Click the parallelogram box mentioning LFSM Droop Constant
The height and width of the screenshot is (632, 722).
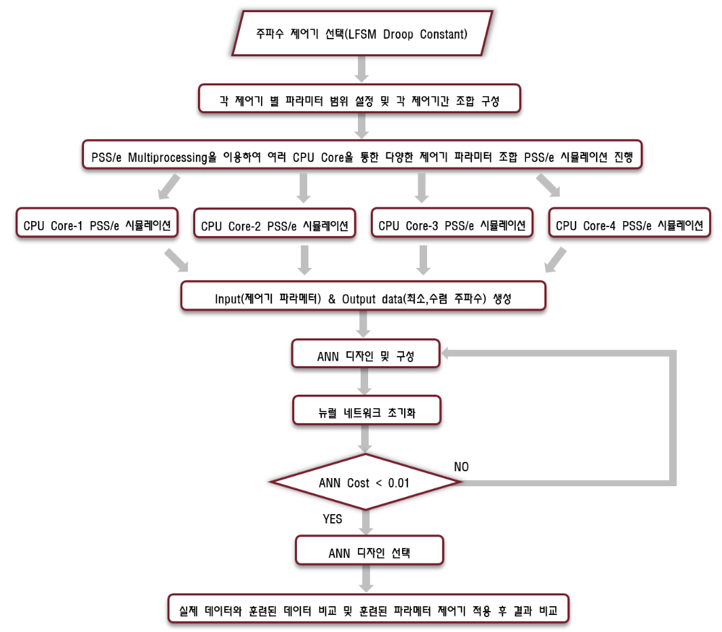click(363, 34)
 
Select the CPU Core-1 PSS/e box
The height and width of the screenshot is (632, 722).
click(97, 223)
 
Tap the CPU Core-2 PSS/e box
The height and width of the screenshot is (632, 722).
click(275, 223)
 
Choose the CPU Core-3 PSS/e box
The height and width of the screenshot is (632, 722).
click(452, 223)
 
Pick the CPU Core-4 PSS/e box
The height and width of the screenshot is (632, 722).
click(629, 223)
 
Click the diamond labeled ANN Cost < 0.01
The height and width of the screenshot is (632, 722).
click(365, 482)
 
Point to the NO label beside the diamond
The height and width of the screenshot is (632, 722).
click(462, 467)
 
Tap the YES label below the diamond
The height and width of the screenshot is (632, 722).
click(332, 519)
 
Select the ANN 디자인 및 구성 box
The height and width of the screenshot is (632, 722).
click(366, 354)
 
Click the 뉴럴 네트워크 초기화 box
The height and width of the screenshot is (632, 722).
click(367, 410)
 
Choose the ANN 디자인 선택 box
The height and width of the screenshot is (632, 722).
click(369, 551)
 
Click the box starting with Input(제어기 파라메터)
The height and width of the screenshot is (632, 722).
click(363, 296)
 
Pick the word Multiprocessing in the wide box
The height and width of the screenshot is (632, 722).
click(167, 158)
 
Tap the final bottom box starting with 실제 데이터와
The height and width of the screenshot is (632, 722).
click(368, 609)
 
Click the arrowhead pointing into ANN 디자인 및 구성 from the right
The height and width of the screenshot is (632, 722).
click(445, 353)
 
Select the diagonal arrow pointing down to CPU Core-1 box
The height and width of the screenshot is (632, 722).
click(169, 186)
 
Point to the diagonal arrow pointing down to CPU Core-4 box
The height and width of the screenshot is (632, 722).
click(548, 185)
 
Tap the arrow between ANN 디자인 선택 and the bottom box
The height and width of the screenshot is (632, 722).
click(366, 579)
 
